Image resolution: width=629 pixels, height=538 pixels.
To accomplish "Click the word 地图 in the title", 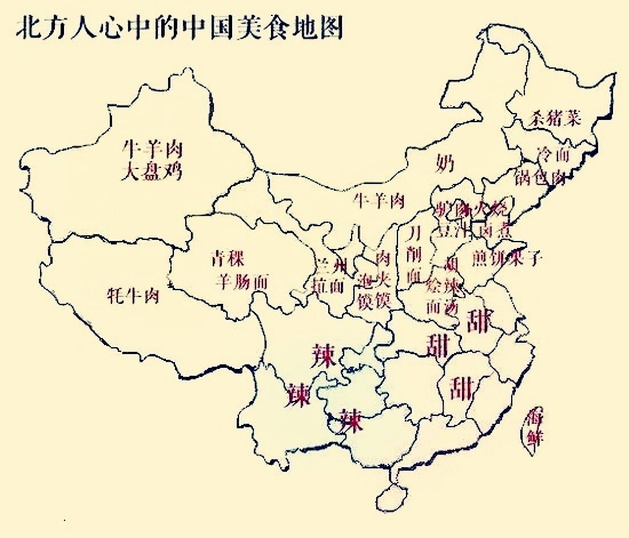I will (315, 28).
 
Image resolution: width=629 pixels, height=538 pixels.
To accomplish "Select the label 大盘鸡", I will (152, 172).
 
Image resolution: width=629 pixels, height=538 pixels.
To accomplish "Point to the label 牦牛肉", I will (133, 296).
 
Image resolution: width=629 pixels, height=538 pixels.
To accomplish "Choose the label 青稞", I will (227, 258).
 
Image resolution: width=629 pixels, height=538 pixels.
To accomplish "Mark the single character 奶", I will (445, 162).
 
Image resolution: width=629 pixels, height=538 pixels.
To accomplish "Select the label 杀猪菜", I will (555, 119).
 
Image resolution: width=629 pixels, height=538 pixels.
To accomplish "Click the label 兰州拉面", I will (329, 275).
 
